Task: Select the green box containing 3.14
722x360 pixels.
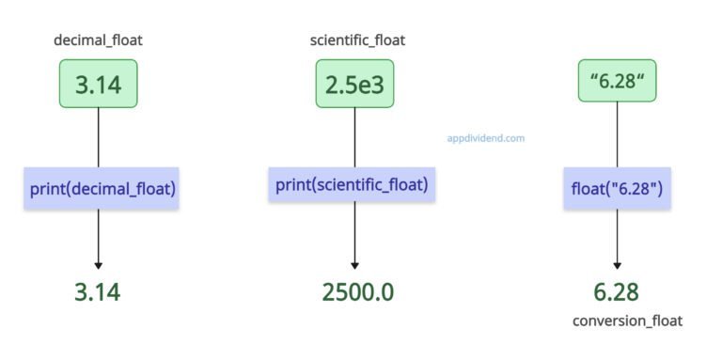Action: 98,85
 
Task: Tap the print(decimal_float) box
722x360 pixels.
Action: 102,188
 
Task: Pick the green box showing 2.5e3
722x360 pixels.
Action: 354,85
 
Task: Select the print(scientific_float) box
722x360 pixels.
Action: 351,185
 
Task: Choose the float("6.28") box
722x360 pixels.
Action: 616,188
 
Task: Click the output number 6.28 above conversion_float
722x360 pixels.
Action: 617,291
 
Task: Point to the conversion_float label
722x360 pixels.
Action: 627,321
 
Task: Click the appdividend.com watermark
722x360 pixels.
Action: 486,137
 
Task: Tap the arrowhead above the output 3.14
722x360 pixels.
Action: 98,266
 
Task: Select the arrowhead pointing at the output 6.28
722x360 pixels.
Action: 617,266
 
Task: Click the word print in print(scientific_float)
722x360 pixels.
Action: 292,185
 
